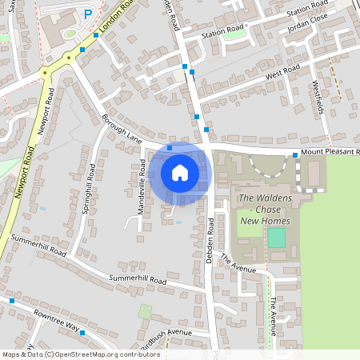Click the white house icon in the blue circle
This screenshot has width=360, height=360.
[x=180, y=172]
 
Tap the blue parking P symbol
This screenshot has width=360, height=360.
[x=87, y=14]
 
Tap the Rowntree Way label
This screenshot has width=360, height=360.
[x=58, y=321]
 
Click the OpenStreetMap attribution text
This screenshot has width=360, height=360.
[x=81, y=354]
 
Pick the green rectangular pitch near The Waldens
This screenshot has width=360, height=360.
[x=276, y=238]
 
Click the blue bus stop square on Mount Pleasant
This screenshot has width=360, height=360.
[x=295, y=155]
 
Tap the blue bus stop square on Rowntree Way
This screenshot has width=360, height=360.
[x=12, y=301]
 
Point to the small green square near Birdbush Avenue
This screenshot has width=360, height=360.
[x=145, y=310]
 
